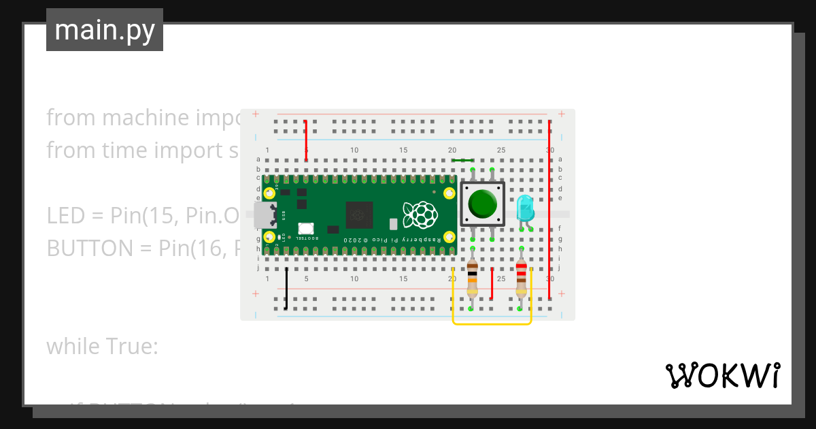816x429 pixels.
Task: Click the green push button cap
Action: (483, 203)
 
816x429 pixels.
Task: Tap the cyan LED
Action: (525, 207)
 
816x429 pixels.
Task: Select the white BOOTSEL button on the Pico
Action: (305, 229)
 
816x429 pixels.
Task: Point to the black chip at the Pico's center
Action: (360, 215)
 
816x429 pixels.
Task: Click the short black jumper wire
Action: (286, 289)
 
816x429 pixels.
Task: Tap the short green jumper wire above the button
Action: (462, 161)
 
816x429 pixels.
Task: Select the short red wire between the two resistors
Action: (492, 283)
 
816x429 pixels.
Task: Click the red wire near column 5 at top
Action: (306, 140)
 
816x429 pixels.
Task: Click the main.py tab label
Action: (105, 30)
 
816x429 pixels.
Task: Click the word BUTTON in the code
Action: (90, 249)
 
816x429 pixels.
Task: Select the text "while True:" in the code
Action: (102, 347)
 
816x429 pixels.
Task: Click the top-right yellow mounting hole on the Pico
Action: (449, 193)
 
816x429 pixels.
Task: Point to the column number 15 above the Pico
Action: (403, 150)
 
